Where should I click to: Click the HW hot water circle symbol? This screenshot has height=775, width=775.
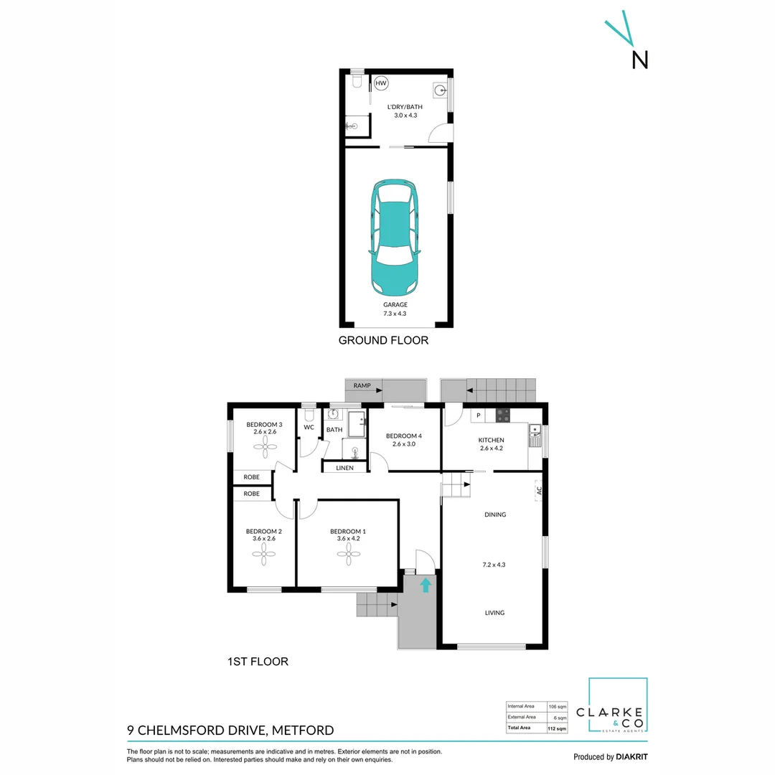coord(381,83)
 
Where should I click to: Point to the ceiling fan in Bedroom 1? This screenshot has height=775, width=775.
coord(349,550)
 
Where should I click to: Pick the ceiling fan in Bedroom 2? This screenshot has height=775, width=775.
coord(263,550)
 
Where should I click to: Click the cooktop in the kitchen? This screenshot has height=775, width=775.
coord(504,415)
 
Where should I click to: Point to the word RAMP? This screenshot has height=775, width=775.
coord(362,386)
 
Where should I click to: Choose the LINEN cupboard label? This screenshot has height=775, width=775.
coord(345,468)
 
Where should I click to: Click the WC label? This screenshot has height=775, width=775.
coord(309,428)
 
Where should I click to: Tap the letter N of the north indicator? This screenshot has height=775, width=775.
coord(639,61)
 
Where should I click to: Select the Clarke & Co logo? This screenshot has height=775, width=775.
coord(618,705)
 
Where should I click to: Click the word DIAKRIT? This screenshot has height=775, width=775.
coord(631,757)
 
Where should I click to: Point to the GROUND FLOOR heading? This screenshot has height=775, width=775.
coord(383,340)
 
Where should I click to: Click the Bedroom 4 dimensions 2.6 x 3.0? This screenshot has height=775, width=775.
coord(404,444)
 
